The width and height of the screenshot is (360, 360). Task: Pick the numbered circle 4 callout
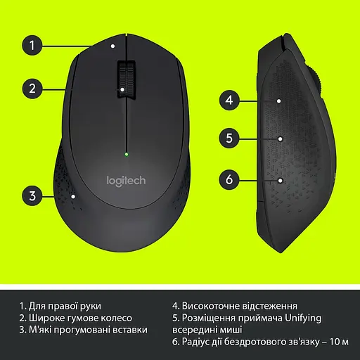pos(229,101)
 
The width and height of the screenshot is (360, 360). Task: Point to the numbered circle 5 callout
pos(229,139)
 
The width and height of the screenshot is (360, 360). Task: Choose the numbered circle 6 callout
pos(229,179)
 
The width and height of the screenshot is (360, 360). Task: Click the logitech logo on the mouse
pos(126,180)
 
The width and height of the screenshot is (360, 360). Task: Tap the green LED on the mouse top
pos(126,153)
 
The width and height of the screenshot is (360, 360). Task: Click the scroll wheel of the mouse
pos(126,77)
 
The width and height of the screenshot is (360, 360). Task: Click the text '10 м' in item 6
pos(339,342)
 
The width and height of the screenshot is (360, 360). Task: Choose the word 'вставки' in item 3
pos(131,329)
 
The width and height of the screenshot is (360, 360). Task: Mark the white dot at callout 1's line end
pos(113,46)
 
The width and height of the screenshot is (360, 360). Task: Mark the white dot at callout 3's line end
pos(74,196)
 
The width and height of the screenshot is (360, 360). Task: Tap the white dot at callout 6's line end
pos(280,179)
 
